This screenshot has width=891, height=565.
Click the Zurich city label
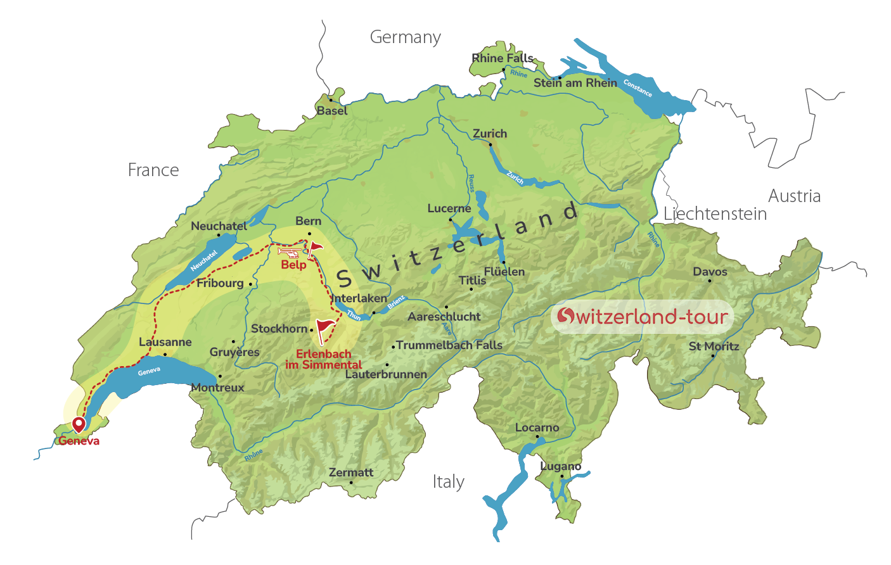click(x=490, y=134)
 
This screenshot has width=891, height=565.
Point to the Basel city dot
click(x=330, y=100)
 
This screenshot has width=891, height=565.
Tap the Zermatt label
click(x=350, y=473)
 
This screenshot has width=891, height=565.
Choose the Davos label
click(x=710, y=272)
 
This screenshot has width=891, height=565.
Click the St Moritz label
click(x=714, y=346)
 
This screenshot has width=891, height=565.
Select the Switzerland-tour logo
click(x=642, y=316)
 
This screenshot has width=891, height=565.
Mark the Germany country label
click(x=405, y=37)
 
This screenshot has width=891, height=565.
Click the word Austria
click(x=794, y=196)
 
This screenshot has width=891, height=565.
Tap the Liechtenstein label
click(x=715, y=214)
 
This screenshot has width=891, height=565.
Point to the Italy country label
click(x=448, y=482)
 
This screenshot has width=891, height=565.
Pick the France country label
click(x=153, y=170)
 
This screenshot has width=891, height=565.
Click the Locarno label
click(x=537, y=428)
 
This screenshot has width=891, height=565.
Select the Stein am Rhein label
click(x=575, y=83)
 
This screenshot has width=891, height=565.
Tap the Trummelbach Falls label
click(x=449, y=345)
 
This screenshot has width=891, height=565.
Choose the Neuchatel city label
click(x=219, y=226)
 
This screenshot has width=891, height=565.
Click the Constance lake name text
click(x=637, y=87)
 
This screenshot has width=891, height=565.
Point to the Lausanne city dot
click(x=165, y=354)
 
